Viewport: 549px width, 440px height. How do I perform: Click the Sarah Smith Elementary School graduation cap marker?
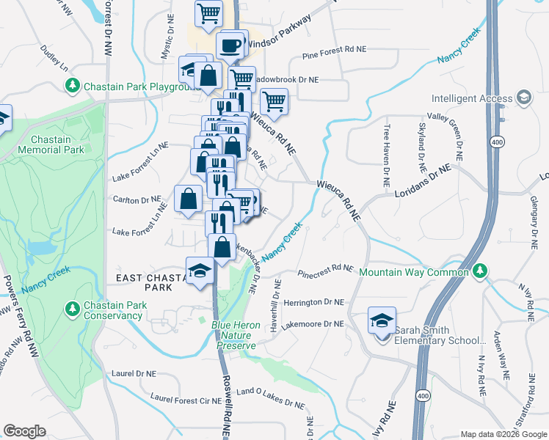pyautogui.click(x=382, y=320)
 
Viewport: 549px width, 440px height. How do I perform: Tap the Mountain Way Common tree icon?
pyautogui.click(x=480, y=271)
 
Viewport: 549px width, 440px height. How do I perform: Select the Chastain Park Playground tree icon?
pyautogui.click(x=73, y=87)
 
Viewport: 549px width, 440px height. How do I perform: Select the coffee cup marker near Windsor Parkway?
pyautogui.click(x=231, y=45)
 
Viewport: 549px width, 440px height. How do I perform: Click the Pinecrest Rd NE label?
pyautogui.click(x=325, y=271)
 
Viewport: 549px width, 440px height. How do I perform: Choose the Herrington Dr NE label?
pyautogui.click(x=314, y=302)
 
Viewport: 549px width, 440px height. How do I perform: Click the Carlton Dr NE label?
pyautogui.click(x=137, y=199)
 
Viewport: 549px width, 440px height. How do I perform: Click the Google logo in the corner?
pyautogui.click(x=24, y=431)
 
